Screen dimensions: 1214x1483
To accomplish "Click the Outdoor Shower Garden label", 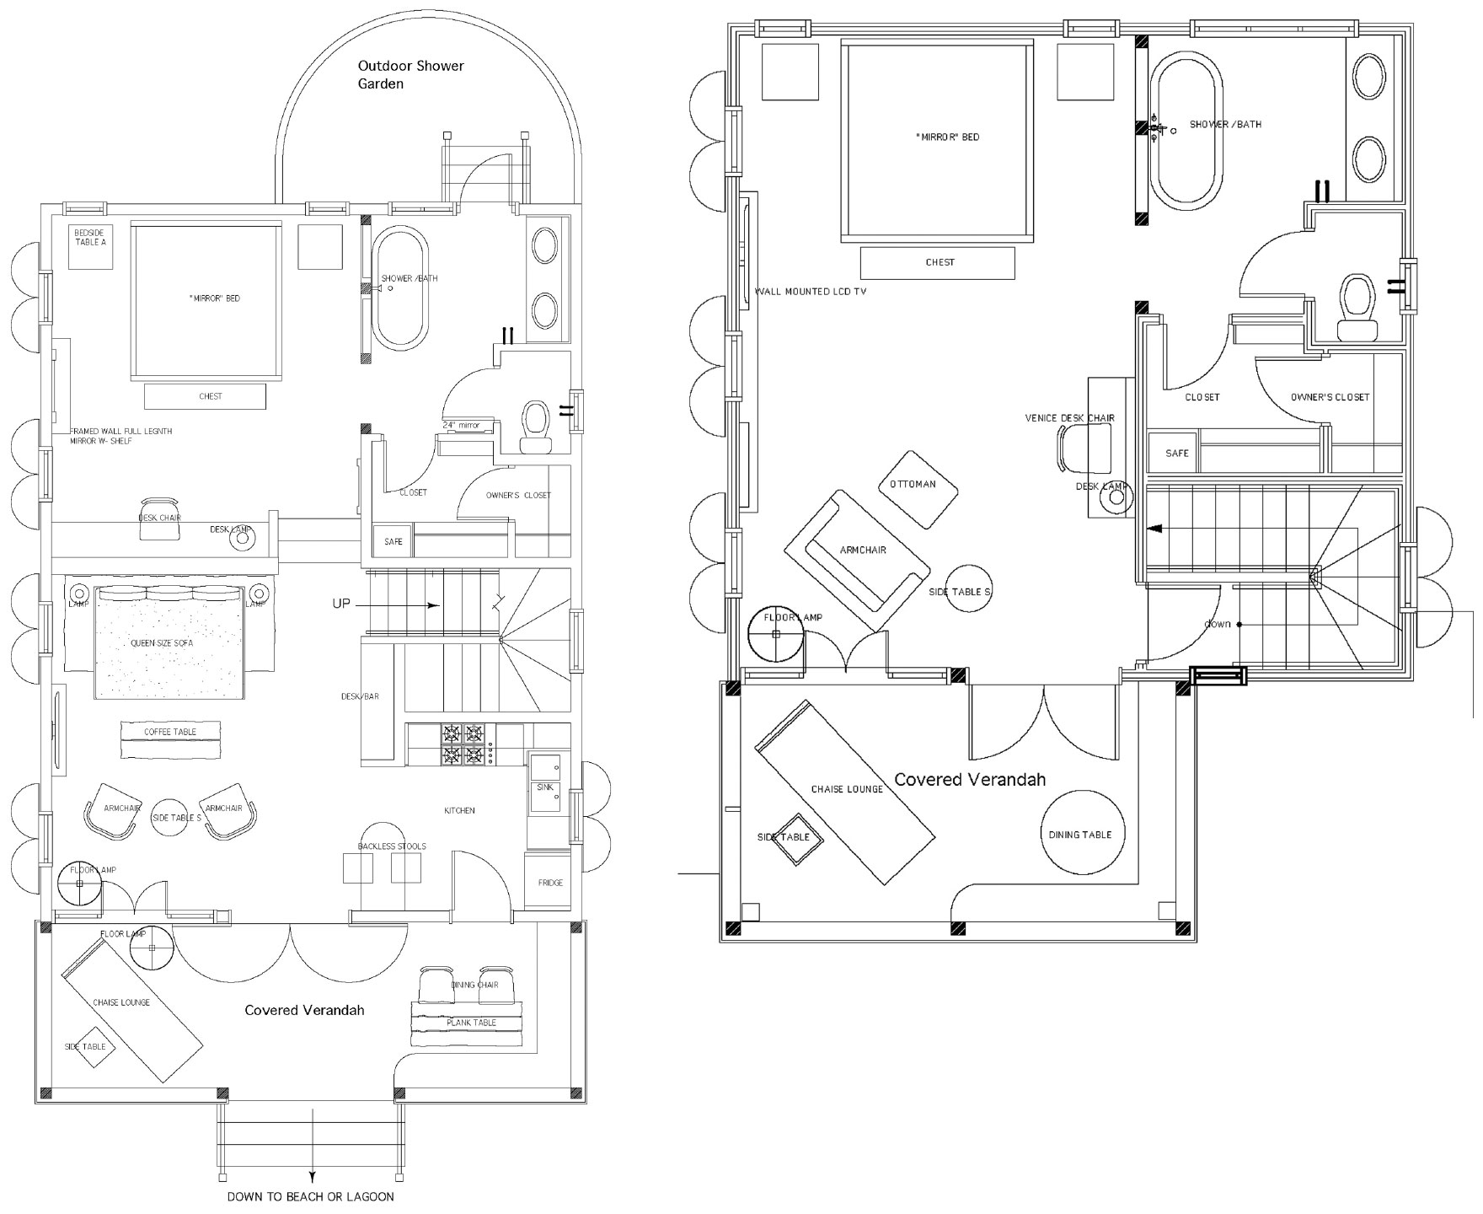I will click(410, 74).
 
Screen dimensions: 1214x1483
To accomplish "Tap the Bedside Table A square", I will click(90, 245).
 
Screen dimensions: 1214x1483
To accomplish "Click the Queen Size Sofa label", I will click(162, 642).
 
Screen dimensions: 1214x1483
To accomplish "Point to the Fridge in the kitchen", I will click(550, 882).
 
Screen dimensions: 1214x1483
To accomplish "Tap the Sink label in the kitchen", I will click(544, 787).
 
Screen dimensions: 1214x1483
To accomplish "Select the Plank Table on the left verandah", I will click(471, 1023).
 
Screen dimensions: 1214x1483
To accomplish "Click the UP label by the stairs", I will click(341, 604).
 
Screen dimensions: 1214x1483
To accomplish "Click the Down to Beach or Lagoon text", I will click(310, 1196).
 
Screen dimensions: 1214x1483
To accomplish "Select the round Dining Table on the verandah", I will click(1080, 834).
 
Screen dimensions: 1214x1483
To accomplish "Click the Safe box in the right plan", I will click(1176, 453).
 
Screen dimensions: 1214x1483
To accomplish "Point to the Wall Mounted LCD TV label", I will click(811, 292).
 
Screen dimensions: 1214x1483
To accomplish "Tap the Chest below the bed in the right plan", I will click(938, 262).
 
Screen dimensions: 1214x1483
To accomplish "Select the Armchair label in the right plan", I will click(863, 550).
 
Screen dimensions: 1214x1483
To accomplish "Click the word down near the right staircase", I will click(1217, 624).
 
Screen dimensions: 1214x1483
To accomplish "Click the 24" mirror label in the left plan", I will click(461, 425).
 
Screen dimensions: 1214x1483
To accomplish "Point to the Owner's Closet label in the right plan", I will click(1330, 397).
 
